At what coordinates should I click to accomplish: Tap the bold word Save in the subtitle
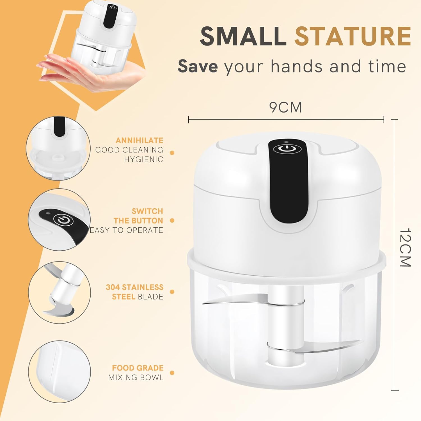pyautogui.click(x=198, y=66)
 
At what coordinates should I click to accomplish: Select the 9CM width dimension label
pyautogui.click(x=285, y=107)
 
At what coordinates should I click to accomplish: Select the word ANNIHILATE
pyautogui.click(x=139, y=140)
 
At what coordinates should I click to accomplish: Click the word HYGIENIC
pyautogui.click(x=144, y=159)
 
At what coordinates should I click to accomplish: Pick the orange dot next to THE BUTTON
pyautogui.click(x=172, y=221)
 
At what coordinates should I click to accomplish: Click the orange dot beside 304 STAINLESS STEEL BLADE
pyautogui.click(x=172, y=292)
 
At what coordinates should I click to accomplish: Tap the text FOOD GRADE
pyautogui.click(x=138, y=368)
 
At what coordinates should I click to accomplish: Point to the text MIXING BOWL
pyautogui.click(x=136, y=377)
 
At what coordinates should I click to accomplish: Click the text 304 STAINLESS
pyautogui.click(x=134, y=287)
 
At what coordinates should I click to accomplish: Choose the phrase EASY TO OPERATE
pyautogui.click(x=126, y=230)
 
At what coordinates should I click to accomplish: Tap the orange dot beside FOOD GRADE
pyautogui.click(x=172, y=373)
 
